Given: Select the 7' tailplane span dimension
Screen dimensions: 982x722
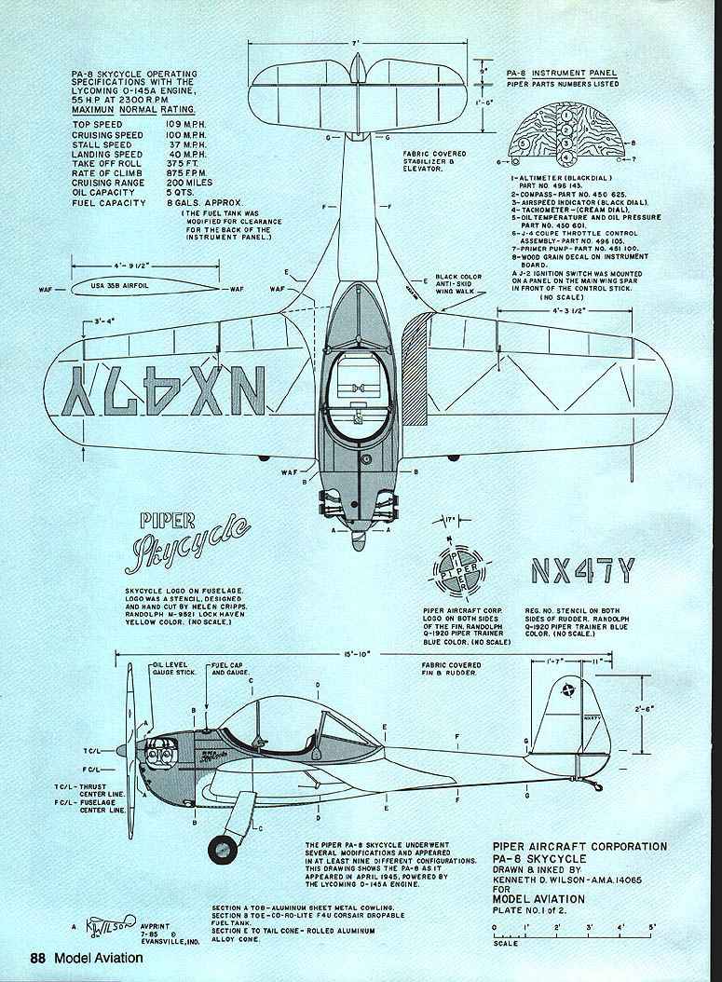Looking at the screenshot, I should pos(357,44).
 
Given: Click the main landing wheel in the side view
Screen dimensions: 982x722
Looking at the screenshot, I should pos(223,849).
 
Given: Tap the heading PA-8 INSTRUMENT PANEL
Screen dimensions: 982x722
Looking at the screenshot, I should pos(560,73).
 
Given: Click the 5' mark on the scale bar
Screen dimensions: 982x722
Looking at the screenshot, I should pos(652,927).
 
